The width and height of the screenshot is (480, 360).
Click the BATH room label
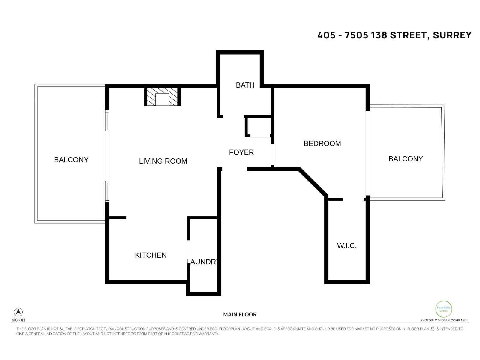245,85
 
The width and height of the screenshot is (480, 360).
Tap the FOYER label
241,152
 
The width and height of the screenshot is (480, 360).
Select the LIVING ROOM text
163,161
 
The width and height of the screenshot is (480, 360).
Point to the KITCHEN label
151,255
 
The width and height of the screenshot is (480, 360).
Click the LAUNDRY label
203,262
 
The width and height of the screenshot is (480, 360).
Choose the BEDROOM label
322,143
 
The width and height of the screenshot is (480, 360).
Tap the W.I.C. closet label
347,246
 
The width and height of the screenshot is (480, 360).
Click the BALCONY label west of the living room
71,160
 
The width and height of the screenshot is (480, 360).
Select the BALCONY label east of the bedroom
406,159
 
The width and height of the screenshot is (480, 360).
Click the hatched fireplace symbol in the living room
162,97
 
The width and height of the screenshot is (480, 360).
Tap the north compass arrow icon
18,312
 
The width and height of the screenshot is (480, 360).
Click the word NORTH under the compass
18,320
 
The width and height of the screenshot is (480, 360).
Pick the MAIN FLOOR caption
240,315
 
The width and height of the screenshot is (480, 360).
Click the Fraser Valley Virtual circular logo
443,309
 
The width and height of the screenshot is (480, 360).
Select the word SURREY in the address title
452,35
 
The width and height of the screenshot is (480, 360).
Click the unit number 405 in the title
326,35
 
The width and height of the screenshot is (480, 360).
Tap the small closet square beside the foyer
258,127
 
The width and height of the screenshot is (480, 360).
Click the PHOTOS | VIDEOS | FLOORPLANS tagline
443,320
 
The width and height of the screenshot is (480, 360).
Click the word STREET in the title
408,35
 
